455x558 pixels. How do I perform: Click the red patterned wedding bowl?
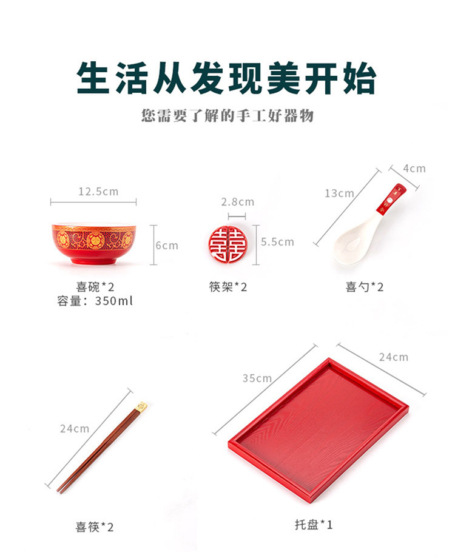[x=93, y=244]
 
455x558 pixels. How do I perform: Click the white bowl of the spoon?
[x=351, y=245]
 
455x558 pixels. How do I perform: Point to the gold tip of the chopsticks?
[x=141, y=407]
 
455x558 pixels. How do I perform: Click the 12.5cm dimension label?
[x=98, y=192]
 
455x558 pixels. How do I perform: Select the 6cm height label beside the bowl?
[x=167, y=245]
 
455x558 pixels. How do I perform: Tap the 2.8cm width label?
[x=237, y=202]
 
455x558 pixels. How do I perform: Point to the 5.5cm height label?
[x=277, y=241]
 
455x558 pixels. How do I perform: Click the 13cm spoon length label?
[x=339, y=193]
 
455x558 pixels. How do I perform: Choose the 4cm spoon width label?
[x=414, y=169]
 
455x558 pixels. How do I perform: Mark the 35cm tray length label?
[x=257, y=378]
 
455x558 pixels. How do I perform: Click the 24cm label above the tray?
[x=393, y=357]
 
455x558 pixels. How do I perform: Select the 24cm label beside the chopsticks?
[x=75, y=428]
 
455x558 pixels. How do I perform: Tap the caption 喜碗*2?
[x=95, y=287]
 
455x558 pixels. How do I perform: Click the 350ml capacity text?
[x=114, y=301]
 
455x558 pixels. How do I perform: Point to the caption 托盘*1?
[x=313, y=524]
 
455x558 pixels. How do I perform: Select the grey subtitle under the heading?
[x=227, y=116]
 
